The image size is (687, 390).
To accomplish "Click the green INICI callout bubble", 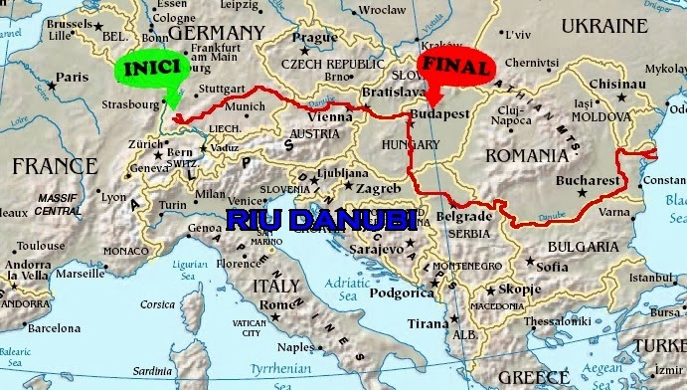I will point(151,68).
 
